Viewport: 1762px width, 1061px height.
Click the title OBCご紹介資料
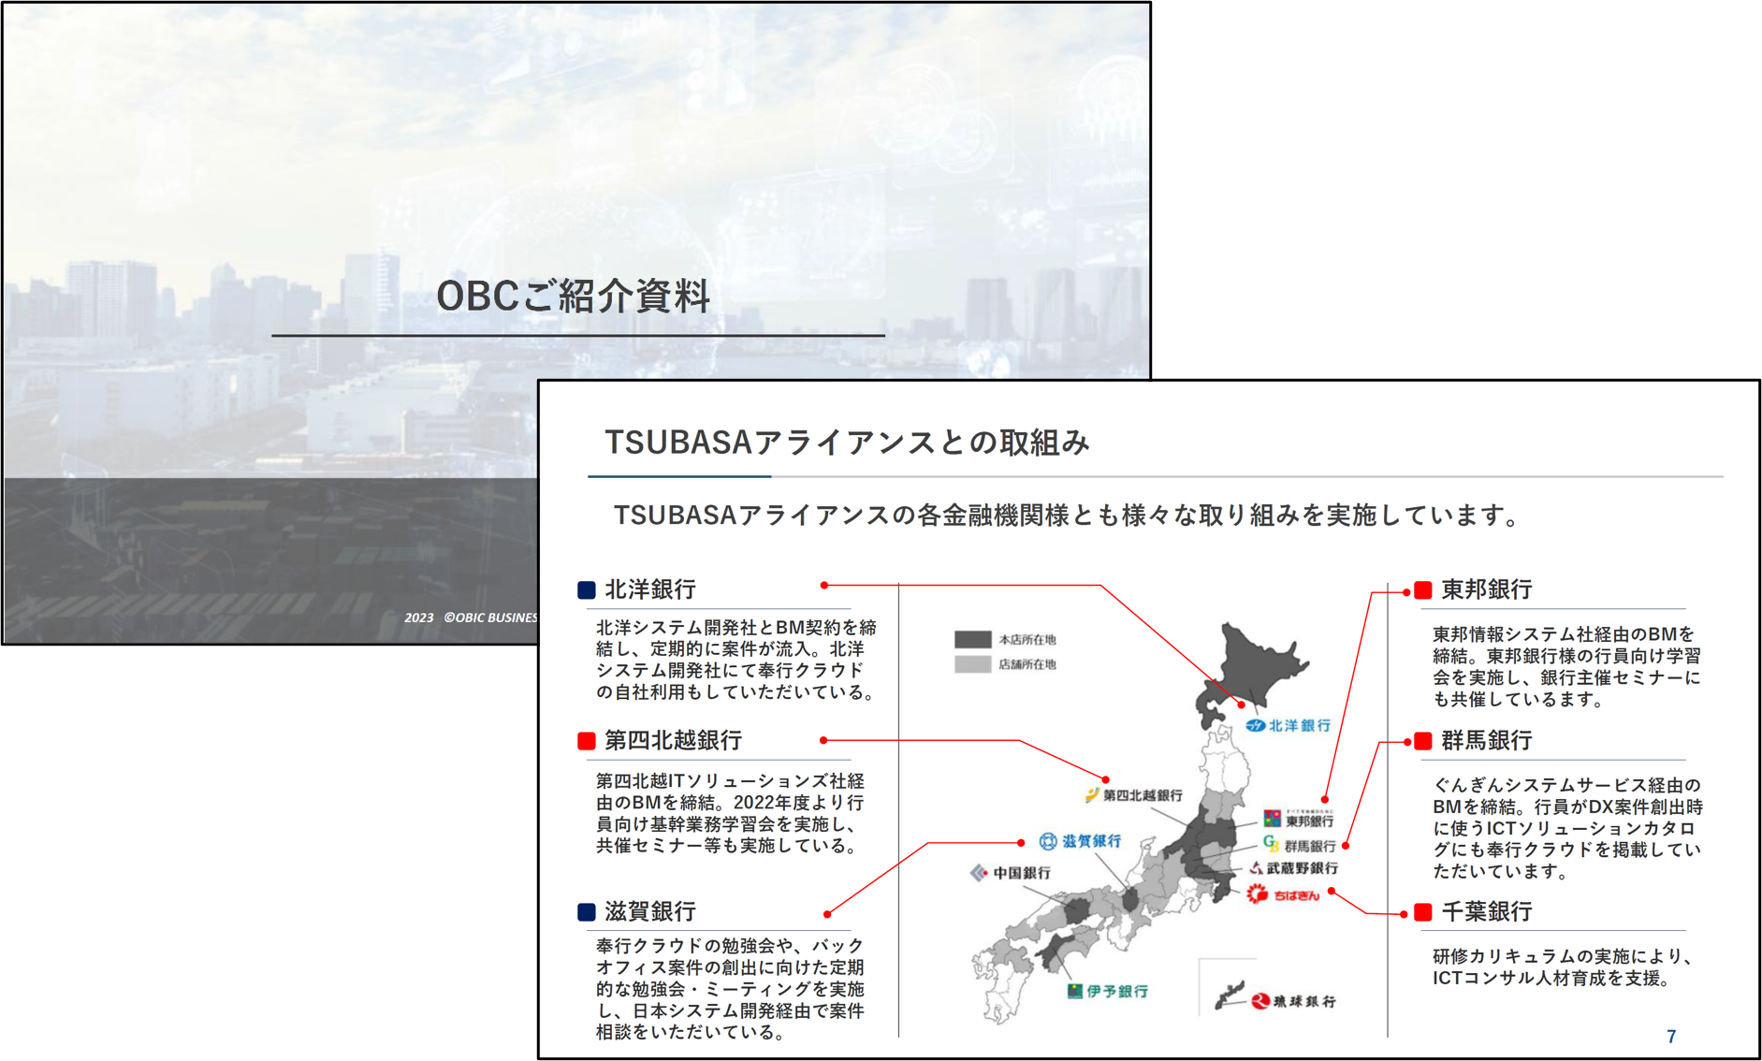point(574,297)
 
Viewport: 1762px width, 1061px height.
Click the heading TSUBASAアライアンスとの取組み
point(847,442)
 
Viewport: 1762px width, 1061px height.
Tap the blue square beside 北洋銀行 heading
point(587,589)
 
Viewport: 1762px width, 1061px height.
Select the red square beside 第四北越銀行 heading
point(587,741)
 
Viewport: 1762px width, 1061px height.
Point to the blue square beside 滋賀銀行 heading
point(587,911)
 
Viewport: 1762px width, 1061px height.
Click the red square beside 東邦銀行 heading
point(1423,589)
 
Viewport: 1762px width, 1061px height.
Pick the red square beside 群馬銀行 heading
point(1423,741)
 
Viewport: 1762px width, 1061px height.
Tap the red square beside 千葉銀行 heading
point(1423,911)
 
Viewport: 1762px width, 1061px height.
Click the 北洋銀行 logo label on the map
point(1289,725)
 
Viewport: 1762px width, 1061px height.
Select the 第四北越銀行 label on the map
point(1134,795)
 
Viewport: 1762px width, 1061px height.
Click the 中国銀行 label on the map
point(1012,873)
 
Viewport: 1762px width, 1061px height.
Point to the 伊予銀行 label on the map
point(1108,991)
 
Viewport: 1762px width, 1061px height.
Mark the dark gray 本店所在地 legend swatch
point(972,639)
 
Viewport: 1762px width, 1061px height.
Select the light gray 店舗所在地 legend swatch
point(972,664)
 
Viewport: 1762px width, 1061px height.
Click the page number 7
point(1671,1037)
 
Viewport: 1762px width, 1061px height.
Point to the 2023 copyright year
point(418,618)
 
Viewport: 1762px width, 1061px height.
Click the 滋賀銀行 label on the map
point(1081,841)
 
